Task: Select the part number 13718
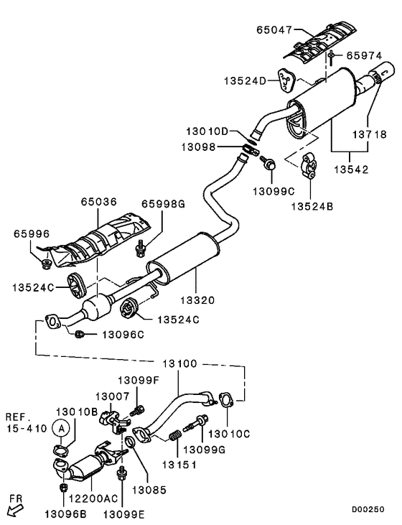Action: coord(367,134)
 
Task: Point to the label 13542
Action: coord(349,171)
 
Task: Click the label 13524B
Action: coord(313,206)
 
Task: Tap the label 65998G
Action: coord(163,204)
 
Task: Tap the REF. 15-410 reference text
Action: coord(27,422)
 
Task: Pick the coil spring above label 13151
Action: coord(173,435)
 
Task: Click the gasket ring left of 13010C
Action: coord(225,399)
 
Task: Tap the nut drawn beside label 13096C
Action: coord(81,334)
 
